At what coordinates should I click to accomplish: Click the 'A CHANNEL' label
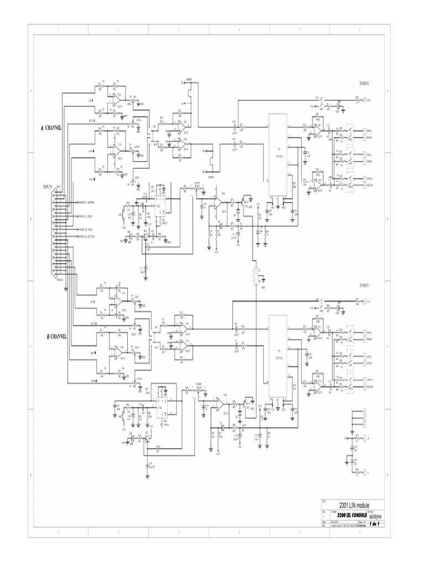click(50, 128)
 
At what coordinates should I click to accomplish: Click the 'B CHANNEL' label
click(56, 336)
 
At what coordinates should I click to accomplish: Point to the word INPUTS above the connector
click(48, 187)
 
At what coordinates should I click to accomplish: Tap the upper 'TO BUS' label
click(364, 83)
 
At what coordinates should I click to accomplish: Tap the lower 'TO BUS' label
click(364, 285)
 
